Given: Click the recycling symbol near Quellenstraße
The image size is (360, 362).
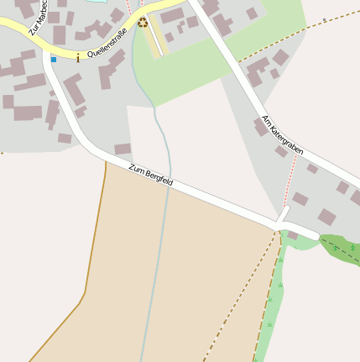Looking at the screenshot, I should pos(143,23).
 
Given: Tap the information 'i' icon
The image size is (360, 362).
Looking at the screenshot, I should pos(78,58).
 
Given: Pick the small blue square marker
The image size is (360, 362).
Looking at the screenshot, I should pos(54,59).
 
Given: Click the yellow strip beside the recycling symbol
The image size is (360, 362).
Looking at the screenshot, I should pos(156,38).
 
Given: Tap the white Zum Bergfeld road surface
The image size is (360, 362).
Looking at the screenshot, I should pos(210,199).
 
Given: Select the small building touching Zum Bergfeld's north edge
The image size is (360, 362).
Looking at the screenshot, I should pos(123,149).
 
